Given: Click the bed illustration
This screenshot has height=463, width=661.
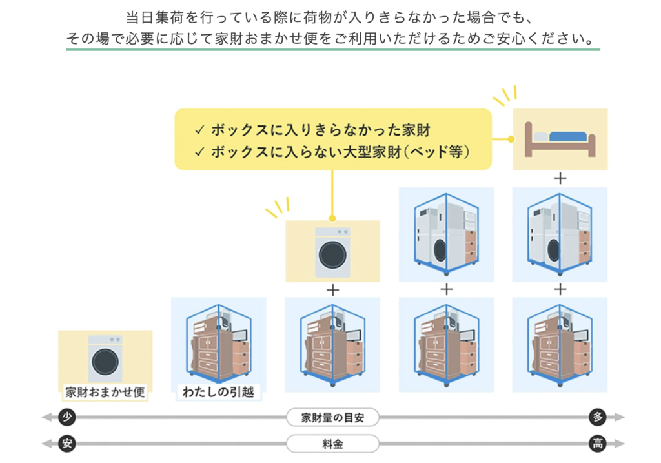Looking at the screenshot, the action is point(560,139).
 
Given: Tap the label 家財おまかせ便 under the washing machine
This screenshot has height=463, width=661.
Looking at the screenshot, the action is point(105,392).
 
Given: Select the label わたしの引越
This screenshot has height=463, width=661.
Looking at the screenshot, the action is point(218,392).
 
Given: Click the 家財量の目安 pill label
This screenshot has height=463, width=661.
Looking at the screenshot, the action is point(332,417).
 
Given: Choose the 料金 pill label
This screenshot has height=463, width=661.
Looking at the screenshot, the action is point(332,444).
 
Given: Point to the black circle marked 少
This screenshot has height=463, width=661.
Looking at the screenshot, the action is point(66,417).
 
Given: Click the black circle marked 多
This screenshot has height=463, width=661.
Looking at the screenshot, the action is point(597,417).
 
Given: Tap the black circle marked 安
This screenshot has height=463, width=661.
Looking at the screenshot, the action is point(66,444).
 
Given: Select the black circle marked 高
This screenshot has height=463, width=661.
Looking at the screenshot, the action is point(597,444).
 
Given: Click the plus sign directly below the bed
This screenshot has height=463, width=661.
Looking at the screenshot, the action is point(560,179).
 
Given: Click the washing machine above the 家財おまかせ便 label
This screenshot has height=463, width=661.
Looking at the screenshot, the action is point(105,359).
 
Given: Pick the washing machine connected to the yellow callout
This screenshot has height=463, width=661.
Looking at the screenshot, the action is point(332,252).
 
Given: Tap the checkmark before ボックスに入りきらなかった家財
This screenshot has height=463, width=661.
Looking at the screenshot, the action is point(200,130).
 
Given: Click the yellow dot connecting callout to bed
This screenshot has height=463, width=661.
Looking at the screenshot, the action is point(511,139).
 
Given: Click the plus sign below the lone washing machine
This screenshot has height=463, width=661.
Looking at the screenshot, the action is point(332,290).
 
